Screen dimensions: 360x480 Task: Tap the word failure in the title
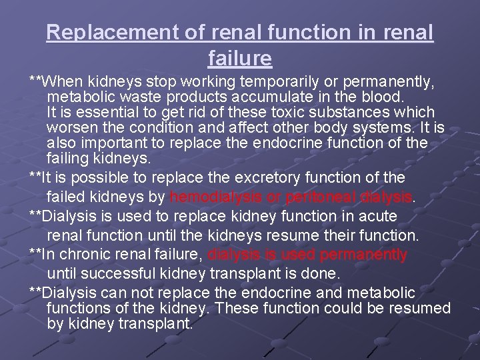click(240, 59)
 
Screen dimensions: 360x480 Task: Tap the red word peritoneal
click(316, 197)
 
